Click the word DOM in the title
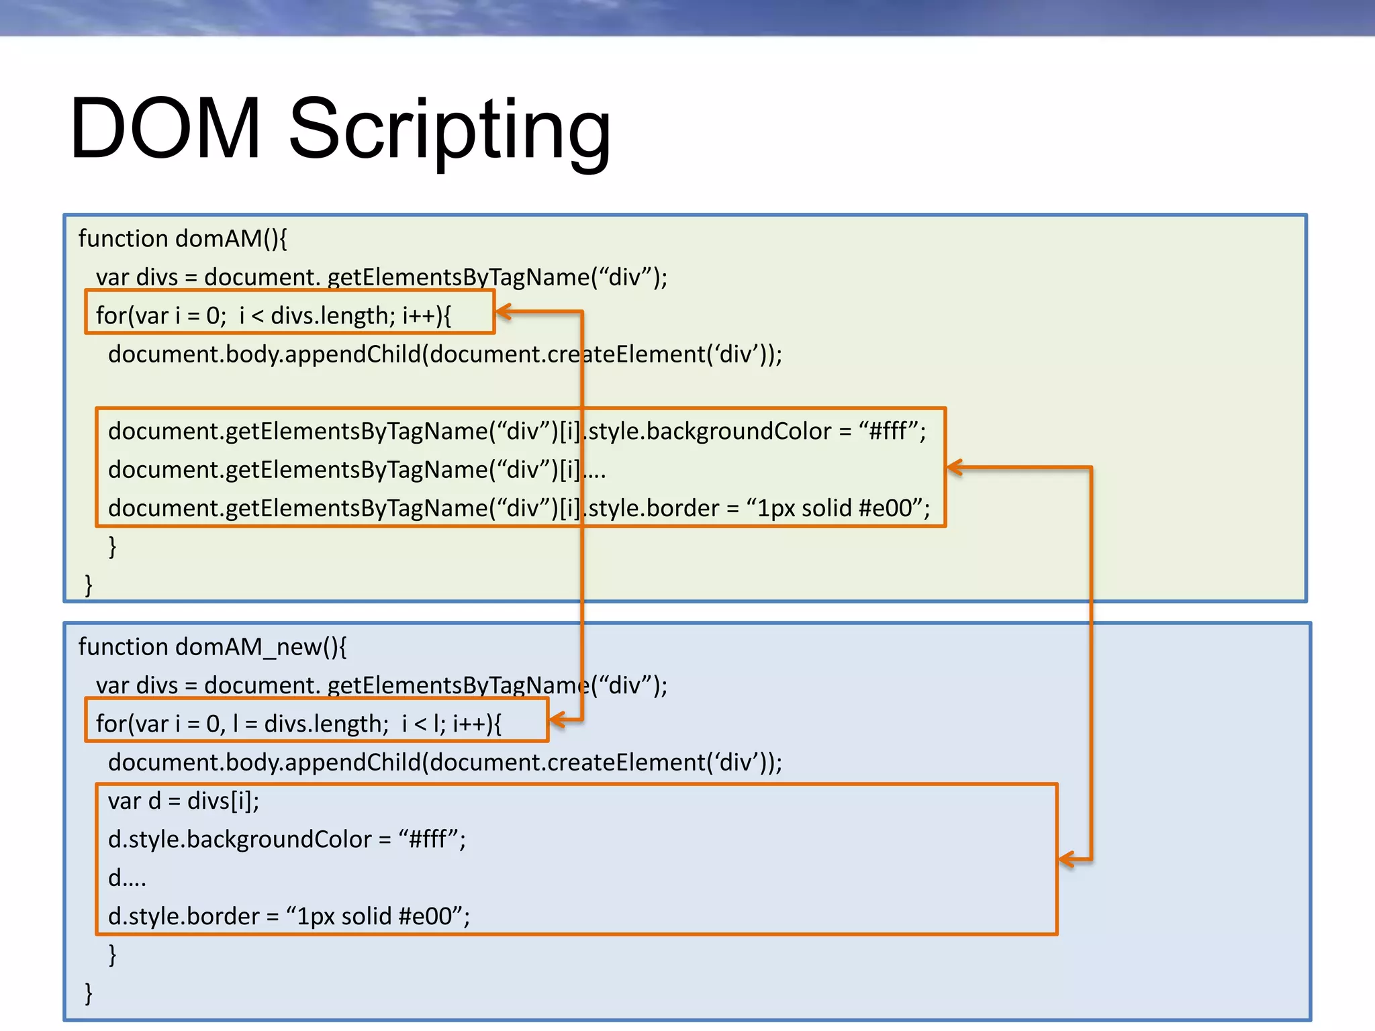(165, 129)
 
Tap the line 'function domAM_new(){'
(212, 647)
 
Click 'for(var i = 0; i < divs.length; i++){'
(273, 315)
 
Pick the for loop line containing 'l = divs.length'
(298, 724)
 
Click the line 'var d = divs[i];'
(183, 801)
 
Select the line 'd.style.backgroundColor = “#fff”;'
(287, 840)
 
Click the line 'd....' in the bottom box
(127, 879)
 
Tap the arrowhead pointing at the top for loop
(504, 312)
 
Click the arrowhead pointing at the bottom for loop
(557, 721)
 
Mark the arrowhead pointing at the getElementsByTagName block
(955, 468)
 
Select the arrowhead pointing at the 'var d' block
(1066, 859)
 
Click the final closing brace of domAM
(89, 585)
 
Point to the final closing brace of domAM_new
(89, 993)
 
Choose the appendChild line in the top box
(444, 354)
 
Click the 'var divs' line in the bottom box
(381, 685)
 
